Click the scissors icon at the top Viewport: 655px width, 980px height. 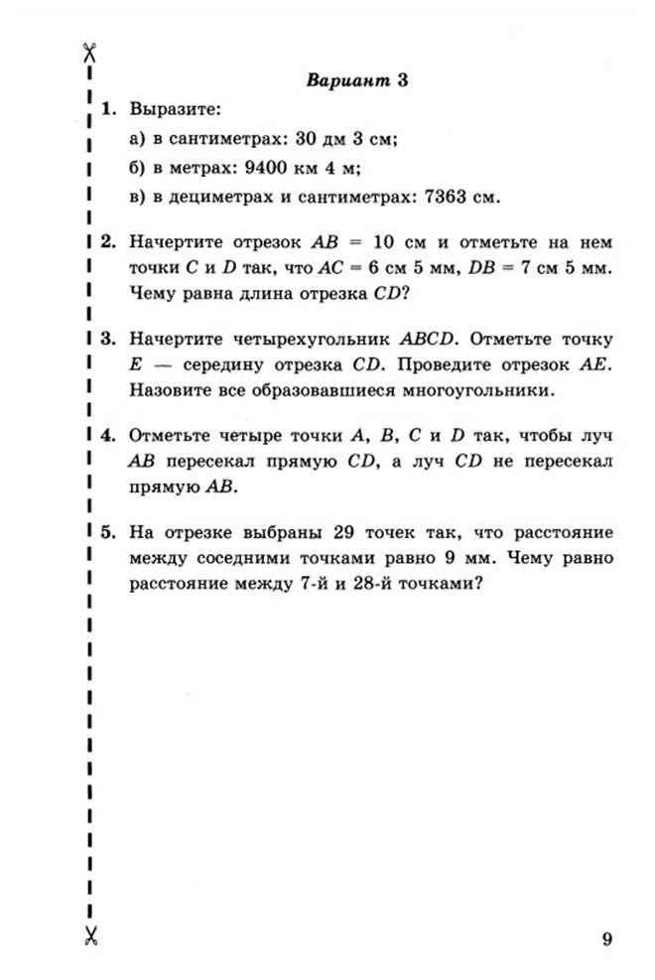coord(88,52)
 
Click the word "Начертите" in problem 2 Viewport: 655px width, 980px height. coord(176,241)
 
